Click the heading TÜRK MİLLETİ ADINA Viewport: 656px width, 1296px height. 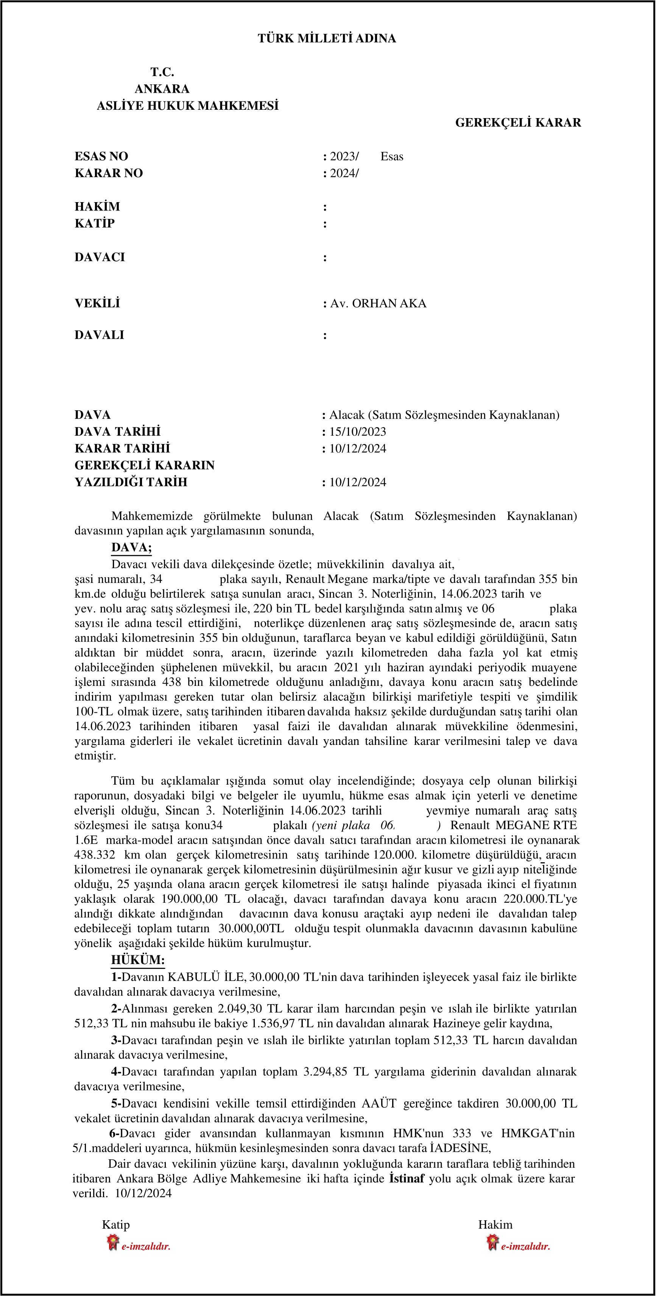coord(327,39)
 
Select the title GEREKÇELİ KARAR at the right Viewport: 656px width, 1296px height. coord(518,123)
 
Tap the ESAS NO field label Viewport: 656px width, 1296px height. coord(101,156)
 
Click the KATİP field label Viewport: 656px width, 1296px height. coord(95,223)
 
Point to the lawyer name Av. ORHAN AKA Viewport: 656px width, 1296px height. coord(378,304)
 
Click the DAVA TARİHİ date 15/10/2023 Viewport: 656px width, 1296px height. coord(358,431)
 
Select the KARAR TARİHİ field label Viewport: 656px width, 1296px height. coord(122,448)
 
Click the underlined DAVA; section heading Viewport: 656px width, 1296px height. coord(131,547)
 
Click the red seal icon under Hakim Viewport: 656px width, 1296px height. coord(492,1242)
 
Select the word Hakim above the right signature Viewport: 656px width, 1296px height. coord(495,1224)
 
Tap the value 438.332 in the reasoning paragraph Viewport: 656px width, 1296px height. coord(95,855)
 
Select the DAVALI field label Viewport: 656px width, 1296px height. coord(99,335)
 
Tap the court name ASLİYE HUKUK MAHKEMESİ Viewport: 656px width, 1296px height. coord(188,106)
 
